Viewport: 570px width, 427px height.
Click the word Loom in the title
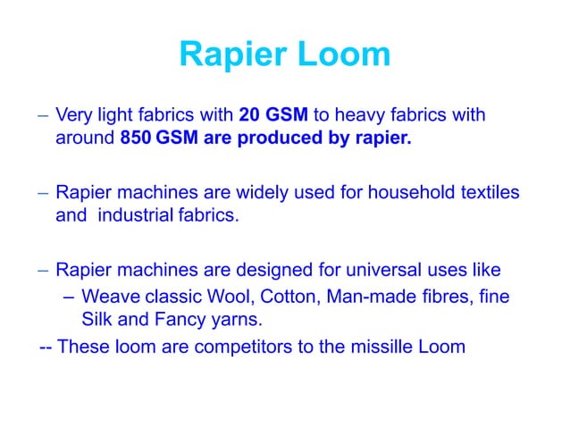coord(343,55)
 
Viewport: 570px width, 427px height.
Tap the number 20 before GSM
coord(249,116)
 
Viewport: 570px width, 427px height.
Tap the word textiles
coord(488,192)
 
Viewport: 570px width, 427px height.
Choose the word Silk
coord(97,318)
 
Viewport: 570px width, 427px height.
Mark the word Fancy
coord(172,318)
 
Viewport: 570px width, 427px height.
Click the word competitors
coord(250,346)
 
